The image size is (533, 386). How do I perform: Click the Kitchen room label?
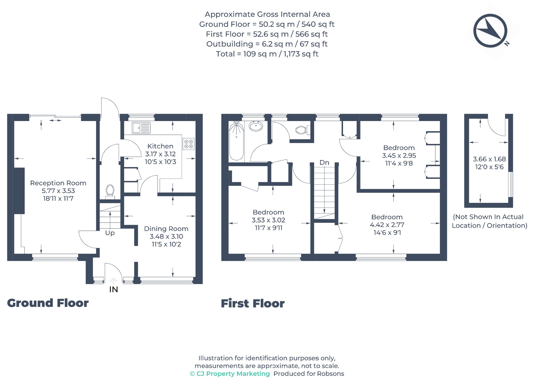(x=160, y=146)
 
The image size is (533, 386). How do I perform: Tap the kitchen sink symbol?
(x=141, y=128)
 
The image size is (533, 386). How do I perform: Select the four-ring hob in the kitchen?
(x=189, y=144)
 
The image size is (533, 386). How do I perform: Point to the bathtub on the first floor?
(x=236, y=141)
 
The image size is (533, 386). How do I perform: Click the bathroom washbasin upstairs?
(x=256, y=126)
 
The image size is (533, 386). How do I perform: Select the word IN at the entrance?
(x=113, y=289)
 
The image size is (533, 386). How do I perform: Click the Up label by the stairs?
(x=110, y=233)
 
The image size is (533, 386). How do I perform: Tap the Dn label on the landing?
(x=324, y=163)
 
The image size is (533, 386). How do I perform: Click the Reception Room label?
(x=58, y=183)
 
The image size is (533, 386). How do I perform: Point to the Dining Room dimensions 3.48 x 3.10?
(x=166, y=236)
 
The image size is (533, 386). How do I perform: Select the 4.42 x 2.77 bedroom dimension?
(x=387, y=225)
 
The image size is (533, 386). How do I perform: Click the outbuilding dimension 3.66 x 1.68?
(x=489, y=159)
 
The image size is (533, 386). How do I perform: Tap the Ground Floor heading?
(x=48, y=303)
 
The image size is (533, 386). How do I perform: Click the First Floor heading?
(x=253, y=303)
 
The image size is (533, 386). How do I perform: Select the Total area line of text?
(x=267, y=54)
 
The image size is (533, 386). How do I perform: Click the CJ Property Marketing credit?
(x=230, y=374)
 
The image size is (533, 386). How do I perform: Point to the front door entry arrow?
(x=113, y=281)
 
